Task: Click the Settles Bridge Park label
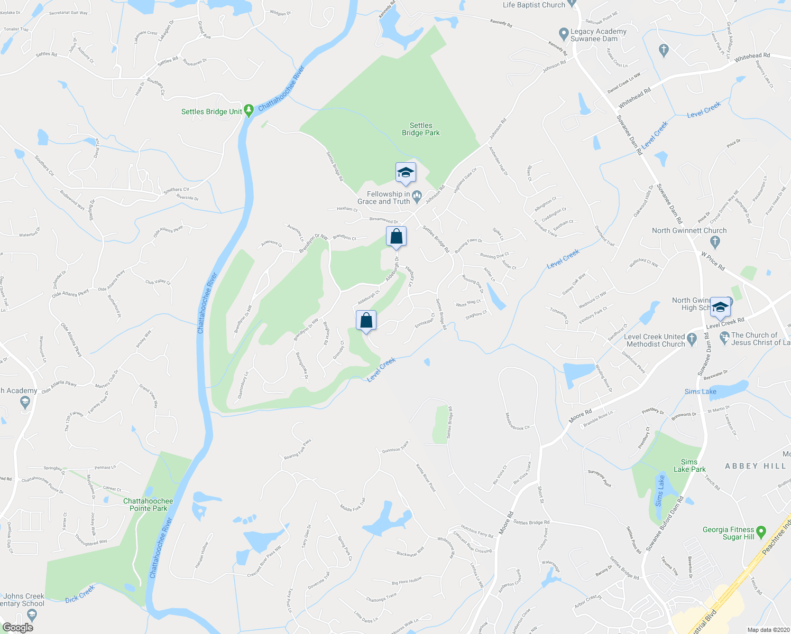(x=420, y=129)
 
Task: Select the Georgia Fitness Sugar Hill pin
(x=761, y=531)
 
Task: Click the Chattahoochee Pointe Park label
(x=148, y=505)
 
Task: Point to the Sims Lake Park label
(x=689, y=465)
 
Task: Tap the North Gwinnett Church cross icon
(x=715, y=242)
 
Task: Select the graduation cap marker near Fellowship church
(x=406, y=173)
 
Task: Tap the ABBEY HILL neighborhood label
(x=756, y=466)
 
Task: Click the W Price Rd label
(x=713, y=261)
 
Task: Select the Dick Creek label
(x=80, y=594)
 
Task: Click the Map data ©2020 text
(x=767, y=630)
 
